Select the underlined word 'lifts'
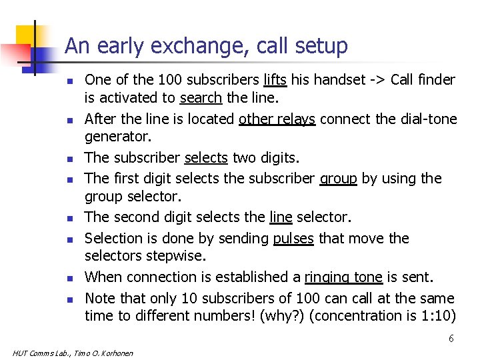[x=275, y=80]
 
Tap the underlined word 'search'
[x=201, y=99]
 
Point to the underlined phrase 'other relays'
[x=277, y=119]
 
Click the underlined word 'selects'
[x=206, y=158]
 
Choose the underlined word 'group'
[x=338, y=178]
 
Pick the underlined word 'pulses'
[x=293, y=238]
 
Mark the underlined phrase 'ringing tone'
[x=343, y=277]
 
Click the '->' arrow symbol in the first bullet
[x=377, y=80]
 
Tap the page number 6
[x=451, y=339]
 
